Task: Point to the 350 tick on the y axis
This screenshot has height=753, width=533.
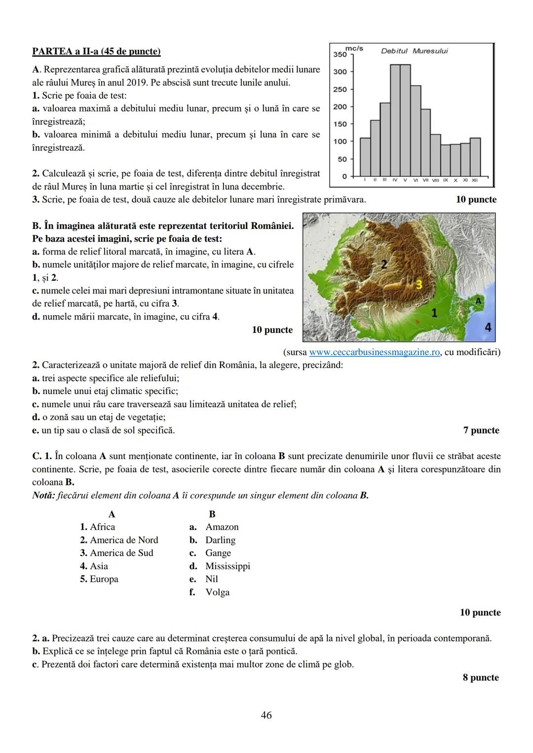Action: click(x=340, y=54)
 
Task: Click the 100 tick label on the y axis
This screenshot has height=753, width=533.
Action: click(x=340, y=142)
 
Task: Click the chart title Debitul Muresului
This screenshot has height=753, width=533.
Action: click(x=415, y=51)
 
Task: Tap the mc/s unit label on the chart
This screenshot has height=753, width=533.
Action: click(x=354, y=48)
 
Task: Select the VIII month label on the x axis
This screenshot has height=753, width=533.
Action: click(x=435, y=180)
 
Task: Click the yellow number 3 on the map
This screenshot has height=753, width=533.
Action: click(x=419, y=284)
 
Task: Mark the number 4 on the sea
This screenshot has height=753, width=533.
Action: click(x=488, y=327)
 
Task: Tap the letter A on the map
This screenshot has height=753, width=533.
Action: click(x=478, y=300)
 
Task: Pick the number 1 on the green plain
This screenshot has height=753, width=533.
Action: click(x=434, y=312)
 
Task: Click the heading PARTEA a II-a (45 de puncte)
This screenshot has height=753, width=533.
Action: click(x=96, y=51)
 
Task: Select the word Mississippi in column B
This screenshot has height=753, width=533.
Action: click(x=228, y=566)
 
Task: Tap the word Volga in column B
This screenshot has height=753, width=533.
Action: click(x=218, y=592)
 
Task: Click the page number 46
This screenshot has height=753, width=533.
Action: click(x=266, y=715)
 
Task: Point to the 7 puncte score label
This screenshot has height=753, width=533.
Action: click(x=481, y=430)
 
